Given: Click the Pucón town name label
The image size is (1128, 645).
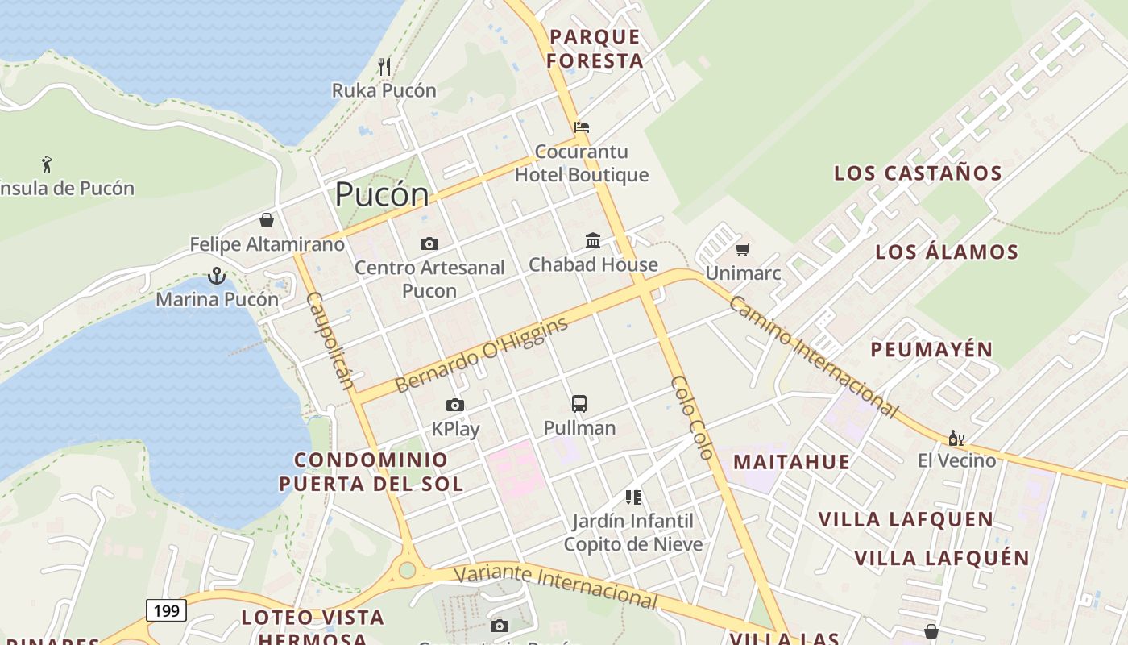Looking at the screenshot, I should (382, 194).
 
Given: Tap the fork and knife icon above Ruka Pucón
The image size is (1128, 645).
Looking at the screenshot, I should (384, 66).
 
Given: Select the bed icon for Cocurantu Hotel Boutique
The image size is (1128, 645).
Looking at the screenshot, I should (582, 127).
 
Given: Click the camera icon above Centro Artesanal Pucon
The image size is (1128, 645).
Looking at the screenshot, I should (429, 243).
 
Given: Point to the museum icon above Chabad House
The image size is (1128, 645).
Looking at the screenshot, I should (593, 240).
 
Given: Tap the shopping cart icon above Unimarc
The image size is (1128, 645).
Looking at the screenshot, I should (742, 249).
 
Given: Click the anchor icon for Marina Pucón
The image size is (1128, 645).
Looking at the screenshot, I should (216, 276).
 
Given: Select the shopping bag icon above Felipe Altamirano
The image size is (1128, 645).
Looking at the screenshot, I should (267, 220).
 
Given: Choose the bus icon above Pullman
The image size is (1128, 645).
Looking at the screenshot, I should (579, 404).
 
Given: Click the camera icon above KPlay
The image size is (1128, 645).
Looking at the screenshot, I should (455, 405).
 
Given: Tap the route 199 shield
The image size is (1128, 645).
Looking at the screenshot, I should (166, 610).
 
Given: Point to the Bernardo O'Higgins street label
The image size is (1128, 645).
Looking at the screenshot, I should (482, 354).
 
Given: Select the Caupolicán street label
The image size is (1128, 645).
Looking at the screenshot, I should (330, 339).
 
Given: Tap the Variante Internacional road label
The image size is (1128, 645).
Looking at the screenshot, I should (555, 586).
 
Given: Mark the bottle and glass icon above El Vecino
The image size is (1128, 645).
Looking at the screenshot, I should (956, 439).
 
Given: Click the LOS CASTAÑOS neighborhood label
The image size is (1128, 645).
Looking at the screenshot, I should (918, 173).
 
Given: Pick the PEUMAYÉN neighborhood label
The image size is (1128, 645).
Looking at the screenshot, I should (931, 350).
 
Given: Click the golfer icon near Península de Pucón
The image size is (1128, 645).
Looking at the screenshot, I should (47, 164).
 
